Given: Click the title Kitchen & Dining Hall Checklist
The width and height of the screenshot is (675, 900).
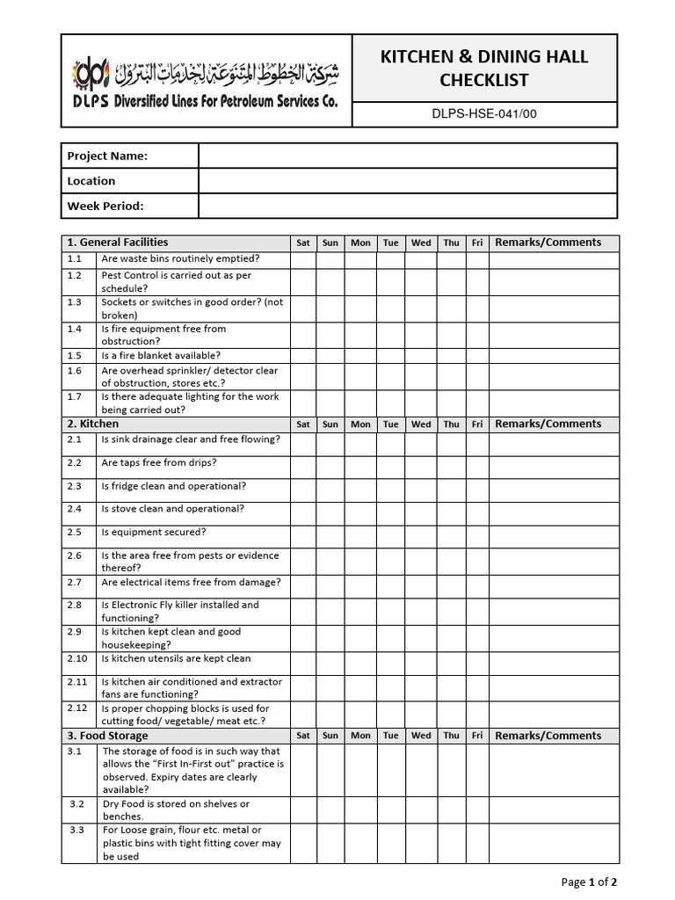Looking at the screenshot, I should pyautogui.click(x=483, y=69).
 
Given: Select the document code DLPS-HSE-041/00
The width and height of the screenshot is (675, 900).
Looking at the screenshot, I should pyautogui.click(x=483, y=113).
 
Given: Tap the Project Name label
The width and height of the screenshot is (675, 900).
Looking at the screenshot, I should pyautogui.click(x=107, y=156).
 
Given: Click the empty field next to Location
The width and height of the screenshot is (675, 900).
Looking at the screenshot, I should pyautogui.click(x=407, y=181).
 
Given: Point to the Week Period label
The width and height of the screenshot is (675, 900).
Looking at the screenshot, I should pyautogui.click(x=105, y=206).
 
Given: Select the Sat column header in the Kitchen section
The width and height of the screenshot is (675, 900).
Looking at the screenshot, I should pyautogui.click(x=303, y=424).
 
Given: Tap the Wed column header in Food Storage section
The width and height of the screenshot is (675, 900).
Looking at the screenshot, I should pyautogui.click(x=421, y=736).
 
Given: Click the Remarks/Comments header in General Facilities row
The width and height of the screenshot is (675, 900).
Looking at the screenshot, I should pyautogui.click(x=548, y=243).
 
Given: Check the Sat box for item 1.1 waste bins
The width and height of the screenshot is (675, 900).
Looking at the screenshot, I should pyautogui.click(x=303, y=259).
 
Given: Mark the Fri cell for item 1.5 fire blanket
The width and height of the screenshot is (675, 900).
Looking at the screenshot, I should pyautogui.click(x=476, y=356).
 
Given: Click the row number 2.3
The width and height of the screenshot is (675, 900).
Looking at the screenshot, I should pyautogui.click(x=74, y=486).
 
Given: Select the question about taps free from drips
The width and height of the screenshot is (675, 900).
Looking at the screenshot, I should pyautogui.click(x=159, y=462).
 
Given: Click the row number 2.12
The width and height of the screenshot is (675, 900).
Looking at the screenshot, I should pyautogui.click(x=77, y=708).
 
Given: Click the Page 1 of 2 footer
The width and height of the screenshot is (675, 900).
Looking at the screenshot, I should pyautogui.click(x=588, y=882).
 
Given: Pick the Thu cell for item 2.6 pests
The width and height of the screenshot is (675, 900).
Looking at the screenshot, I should pyautogui.click(x=451, y=561).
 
